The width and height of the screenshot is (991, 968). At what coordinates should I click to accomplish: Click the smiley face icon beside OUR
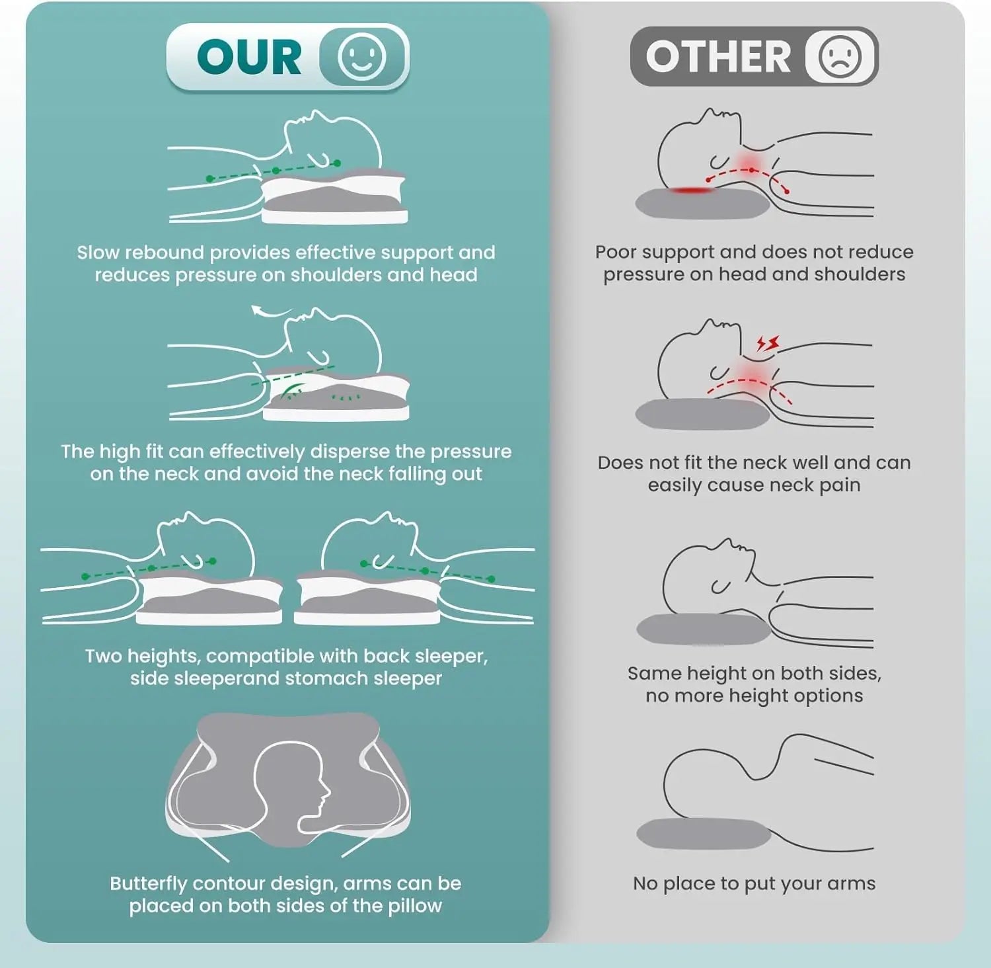tap(361, 56)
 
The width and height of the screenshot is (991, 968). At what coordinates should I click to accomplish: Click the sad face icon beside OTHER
tap(840, 56)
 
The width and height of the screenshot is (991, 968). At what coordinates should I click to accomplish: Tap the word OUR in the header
tap(249, 57)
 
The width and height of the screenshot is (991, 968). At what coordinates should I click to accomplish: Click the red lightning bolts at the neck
tap(768, 343)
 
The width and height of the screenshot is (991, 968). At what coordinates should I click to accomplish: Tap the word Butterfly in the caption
tap(149, 884)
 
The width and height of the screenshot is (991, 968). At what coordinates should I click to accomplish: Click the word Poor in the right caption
tap(616, 252)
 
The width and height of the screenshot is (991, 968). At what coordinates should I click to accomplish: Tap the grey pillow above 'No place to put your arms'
tap(704, 834)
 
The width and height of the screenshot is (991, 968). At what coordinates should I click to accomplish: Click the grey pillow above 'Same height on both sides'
tap(704, 629)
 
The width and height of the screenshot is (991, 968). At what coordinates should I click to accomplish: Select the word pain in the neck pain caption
tap(840, 486)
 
